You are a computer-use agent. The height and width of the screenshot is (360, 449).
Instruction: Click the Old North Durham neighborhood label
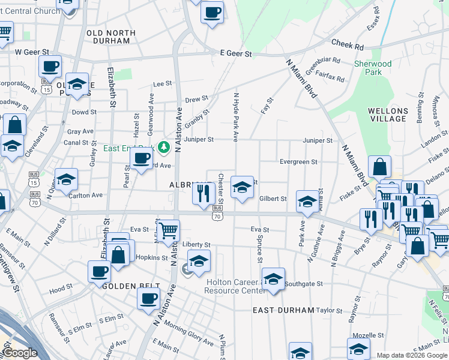[108, 37]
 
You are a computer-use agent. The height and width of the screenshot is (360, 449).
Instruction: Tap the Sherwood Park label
[373, 68]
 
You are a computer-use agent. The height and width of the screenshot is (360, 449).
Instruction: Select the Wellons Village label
[388, 115]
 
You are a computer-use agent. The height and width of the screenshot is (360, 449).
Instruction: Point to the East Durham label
[283, 310]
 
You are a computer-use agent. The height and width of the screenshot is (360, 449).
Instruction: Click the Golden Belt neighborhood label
[131, 286]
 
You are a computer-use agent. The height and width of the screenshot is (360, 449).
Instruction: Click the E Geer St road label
[236, 54]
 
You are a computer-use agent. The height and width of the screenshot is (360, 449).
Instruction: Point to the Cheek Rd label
[348, 46]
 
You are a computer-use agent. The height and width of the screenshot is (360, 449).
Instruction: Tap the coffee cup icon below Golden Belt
[148, 298]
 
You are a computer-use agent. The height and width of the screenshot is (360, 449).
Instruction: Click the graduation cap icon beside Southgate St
[273, 279]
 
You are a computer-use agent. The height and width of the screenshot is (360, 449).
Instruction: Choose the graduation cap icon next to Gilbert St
[307, 202]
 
